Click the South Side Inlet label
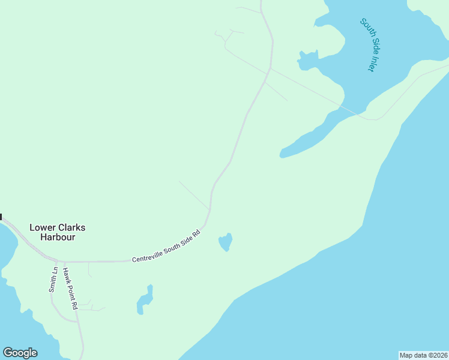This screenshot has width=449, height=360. [x=367, y=45]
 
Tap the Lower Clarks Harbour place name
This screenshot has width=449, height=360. [x=58, y=232]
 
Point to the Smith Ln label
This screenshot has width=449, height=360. [x=53, y=280]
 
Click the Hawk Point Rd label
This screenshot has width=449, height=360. [x=70, y=289]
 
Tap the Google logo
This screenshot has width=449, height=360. [x=20, y=353]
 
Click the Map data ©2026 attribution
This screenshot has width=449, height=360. [x=423, y=355]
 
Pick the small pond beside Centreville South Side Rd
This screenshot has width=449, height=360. [x=226, y=242]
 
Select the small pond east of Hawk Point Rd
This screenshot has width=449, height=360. [x=145, y=300]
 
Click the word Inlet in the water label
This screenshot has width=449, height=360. [x=371, y=62]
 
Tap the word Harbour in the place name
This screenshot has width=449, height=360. [x=58, y=237]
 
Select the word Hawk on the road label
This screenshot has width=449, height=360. [x=67, y=274]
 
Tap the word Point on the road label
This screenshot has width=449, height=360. [x=71, y=288]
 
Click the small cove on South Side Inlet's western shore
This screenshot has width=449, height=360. [x=307, y=58]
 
